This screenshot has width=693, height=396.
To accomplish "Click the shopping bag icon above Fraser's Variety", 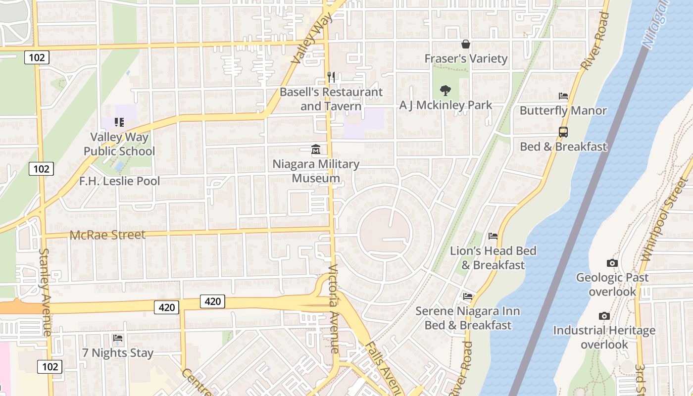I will [x=465, y=44].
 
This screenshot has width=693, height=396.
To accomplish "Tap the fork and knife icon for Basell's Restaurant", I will [x=331, y=77].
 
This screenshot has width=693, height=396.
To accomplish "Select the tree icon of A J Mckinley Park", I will [x=445, y=91].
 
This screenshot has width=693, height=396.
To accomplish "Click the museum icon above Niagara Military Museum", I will [x=315, y=149].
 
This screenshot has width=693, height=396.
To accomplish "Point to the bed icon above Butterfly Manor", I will [x=563, y=96].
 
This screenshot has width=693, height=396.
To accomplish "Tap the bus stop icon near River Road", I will [x=563, y=132].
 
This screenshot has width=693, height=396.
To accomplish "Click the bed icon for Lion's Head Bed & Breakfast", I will [x=493, y=236].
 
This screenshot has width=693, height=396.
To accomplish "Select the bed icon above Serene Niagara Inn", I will [x=468, y=297].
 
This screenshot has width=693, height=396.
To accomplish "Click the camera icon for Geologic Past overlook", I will [x=612, y=263].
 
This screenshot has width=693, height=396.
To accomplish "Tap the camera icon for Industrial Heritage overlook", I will [x=604, y=316].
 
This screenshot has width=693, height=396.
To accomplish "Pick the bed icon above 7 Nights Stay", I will [x=118, y=339].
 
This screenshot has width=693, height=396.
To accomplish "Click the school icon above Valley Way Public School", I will [x=118, y=122].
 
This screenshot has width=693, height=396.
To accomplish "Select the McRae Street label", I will [x=108, y=235].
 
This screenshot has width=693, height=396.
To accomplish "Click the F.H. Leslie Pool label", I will [x=119, y=181].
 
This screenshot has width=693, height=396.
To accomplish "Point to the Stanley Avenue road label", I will [x=45, y=292].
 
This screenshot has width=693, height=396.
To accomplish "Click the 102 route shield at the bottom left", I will [x=49, y=367].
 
